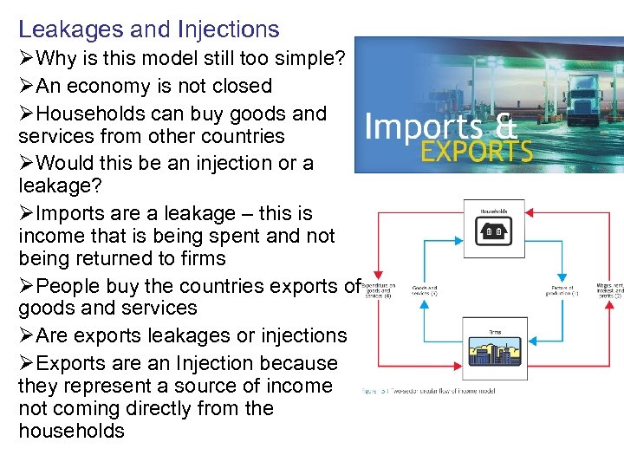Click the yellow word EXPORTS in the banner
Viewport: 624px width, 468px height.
[x=476, y=152]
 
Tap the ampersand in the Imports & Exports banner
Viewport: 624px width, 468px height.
[x=505, y=127]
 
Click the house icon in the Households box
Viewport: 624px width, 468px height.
[x=495, y=231]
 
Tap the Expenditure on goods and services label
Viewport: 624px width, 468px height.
[x=379, y=291]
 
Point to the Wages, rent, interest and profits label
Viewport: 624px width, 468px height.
[x=609, y=291]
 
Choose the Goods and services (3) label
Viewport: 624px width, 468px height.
[x=425, y=291]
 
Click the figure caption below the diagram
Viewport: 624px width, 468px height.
[x=429, y=391]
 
